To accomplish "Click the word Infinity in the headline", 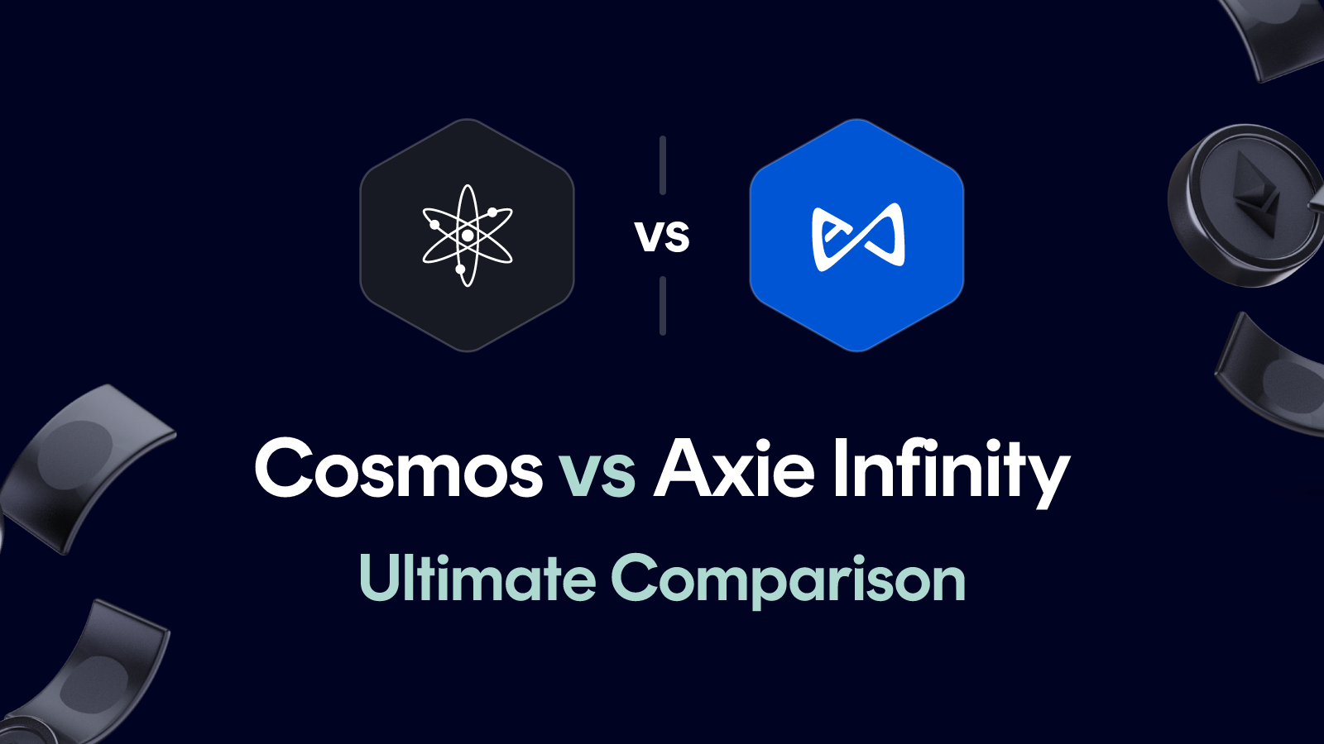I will pyautogui.click(x=951, y=470).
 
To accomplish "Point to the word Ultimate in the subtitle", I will pyautogui.click(x=477, y=578).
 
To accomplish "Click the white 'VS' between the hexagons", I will pyautogui.click(x=662, y=236).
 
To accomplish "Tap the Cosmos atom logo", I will pyautogui.click(x=468, y=236).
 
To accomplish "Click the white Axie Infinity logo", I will pyautogui.click(x=857, y=236).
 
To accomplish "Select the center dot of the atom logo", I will pyautogui.click(x=468, y=236).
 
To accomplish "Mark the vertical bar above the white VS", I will pyautogui.click(x=663, y=165).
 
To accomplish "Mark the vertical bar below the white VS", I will pyautogui.click(x=663, y=306).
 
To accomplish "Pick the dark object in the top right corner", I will pyautogui.click(x=1274, y=33).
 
